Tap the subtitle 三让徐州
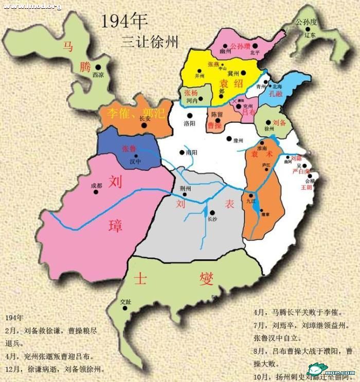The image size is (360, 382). (150, 42)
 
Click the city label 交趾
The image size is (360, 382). (125, 301)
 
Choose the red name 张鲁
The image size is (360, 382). (129, 148)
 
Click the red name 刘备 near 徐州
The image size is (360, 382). (279, 123)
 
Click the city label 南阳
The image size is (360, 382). (191, 153)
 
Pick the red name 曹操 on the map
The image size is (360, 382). (214, 124)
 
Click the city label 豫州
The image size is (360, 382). (238, 139)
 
